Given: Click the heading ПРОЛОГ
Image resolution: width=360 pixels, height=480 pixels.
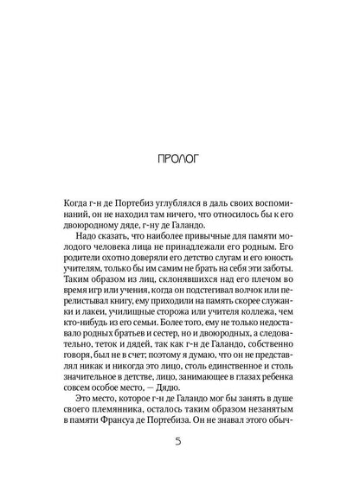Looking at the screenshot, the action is coord(180,159).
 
